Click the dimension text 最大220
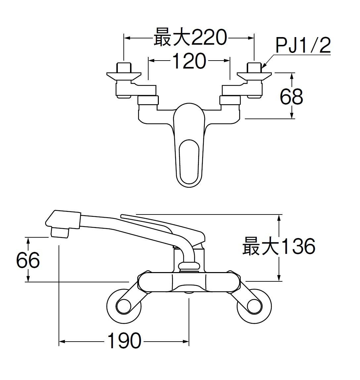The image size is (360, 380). click(190, 37)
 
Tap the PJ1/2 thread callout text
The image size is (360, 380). click(303, 46)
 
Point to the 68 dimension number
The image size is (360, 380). click(291, 97)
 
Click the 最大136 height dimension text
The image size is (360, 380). click(279, 247)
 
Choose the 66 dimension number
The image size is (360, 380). click(28, 260)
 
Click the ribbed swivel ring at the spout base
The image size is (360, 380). click(189, 266)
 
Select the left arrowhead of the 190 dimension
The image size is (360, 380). click(62, 341)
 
